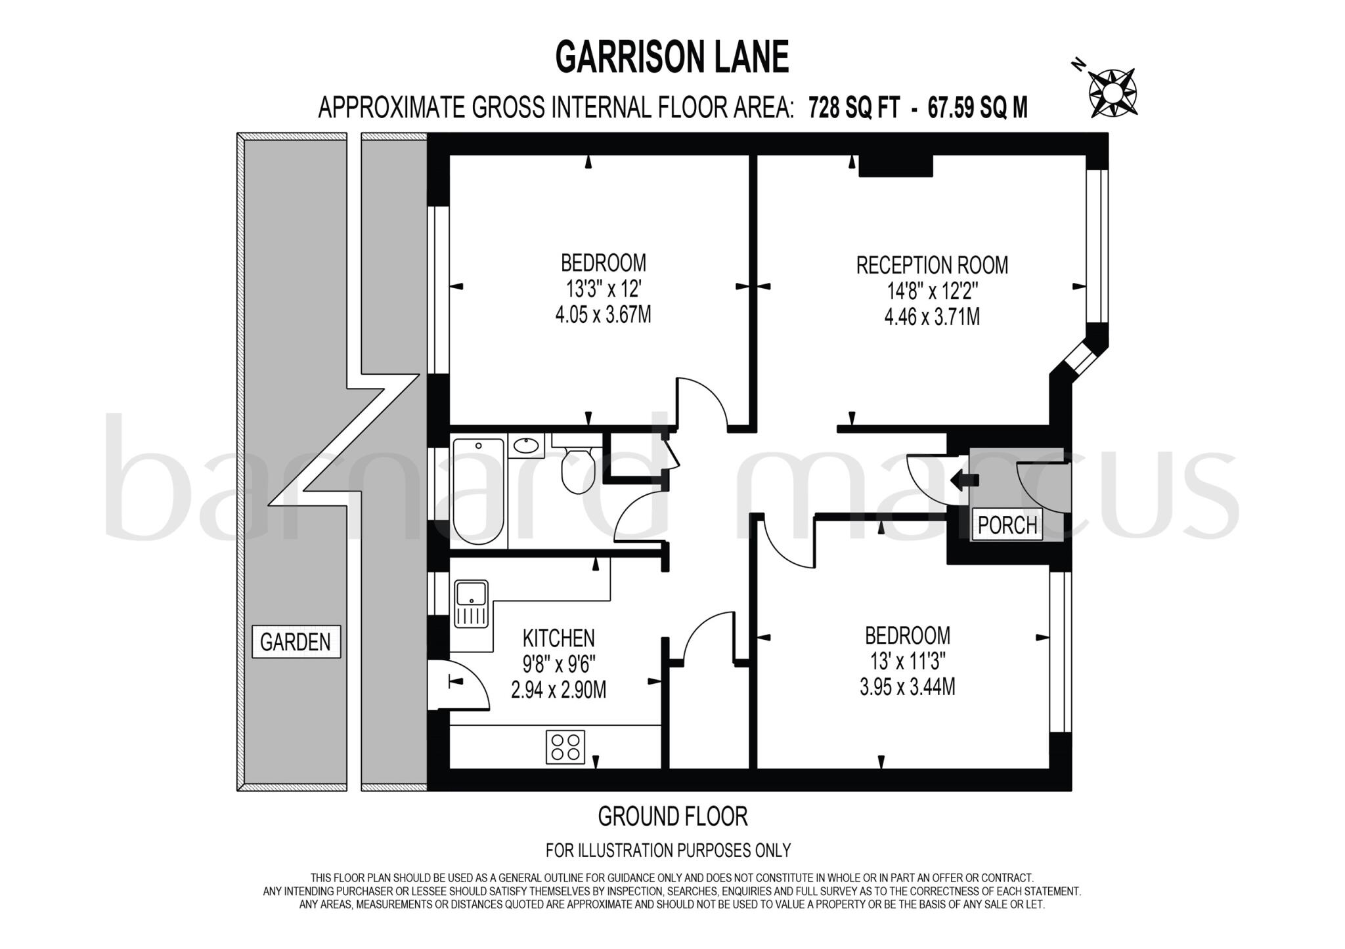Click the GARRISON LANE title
click(x=672, y=57)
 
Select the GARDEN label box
click(x=296, y=641)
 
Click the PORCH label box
click(x=1007, y=525)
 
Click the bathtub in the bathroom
click(x=478, y=491)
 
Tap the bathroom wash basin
click(x=526, y=446)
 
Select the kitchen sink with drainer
click(x=471, y=603)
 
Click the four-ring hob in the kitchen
click(x=565, y=747)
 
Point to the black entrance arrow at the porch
click(x=964, y=480)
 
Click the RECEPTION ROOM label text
click(x=932, y=265)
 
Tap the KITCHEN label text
click(x=558, y=638)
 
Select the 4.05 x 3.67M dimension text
click(x=603, y=315)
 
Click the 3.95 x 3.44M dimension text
click(x=907, y=687)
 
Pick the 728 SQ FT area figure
click(x=854, y=108)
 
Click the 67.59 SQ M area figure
click(x=977, y=108)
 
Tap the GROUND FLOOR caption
click(x=672, y=816)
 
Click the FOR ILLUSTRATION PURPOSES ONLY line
click(x=668, y=851)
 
